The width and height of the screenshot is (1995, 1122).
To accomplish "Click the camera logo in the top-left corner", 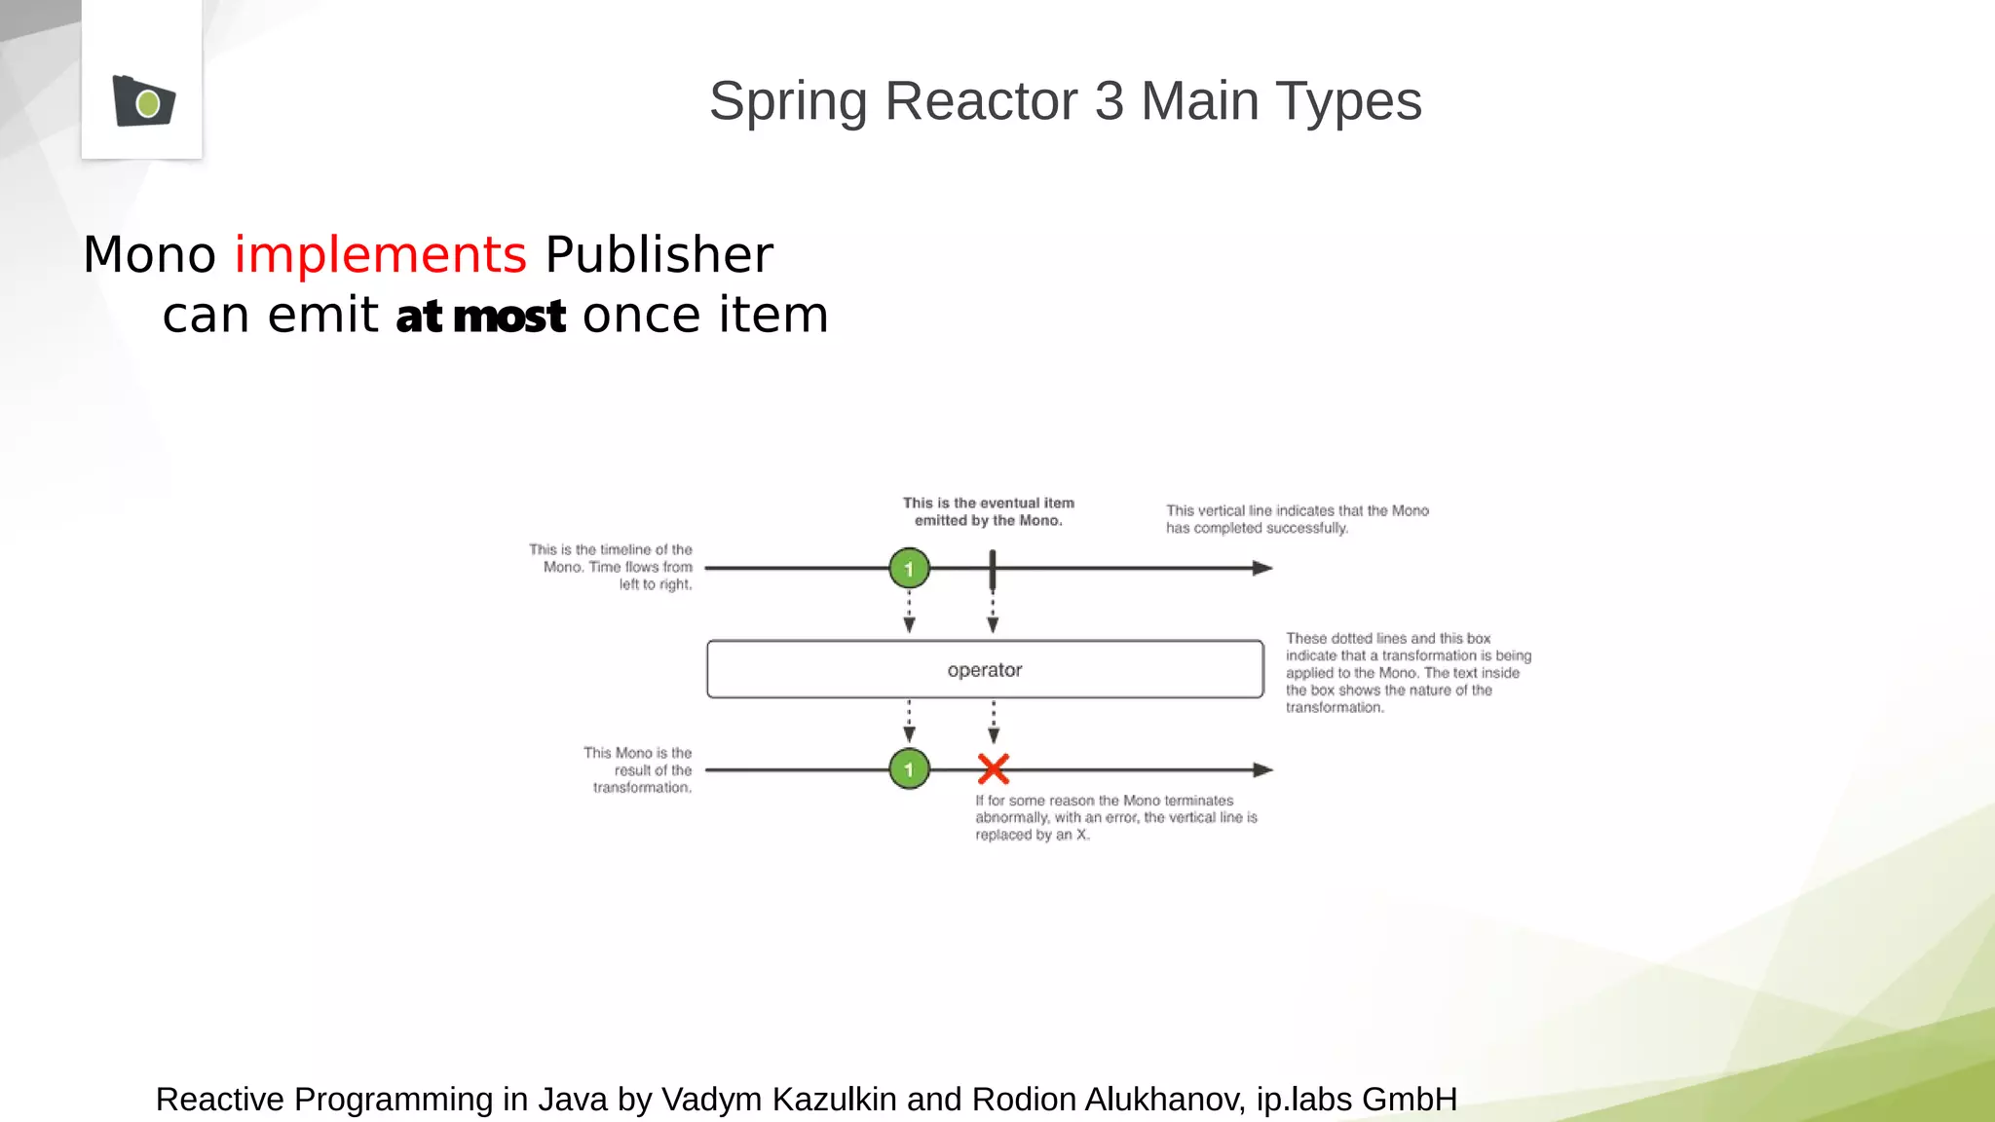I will click(143, 100).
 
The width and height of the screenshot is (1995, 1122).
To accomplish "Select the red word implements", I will click(380, 255).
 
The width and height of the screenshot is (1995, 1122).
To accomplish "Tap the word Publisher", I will click(659, 255).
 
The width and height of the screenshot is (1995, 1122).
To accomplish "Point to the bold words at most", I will click(480, 317).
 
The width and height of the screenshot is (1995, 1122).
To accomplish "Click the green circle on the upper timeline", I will click(909, 568).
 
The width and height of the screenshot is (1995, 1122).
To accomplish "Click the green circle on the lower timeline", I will click(909, 769).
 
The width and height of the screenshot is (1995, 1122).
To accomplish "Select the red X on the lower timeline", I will click(993, 769).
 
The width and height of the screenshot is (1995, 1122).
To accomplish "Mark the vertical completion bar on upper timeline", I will click(992, 570).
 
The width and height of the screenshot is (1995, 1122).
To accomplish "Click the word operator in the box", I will click(984, 670).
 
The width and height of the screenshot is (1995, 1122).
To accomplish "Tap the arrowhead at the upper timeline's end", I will click(1262, 568).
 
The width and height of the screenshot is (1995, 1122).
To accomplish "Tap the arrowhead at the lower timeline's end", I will click(1262, 769).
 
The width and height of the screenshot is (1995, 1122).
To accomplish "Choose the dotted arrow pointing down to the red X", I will click(993, 723).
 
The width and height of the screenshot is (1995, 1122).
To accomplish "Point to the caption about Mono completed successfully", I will click(1297, 519).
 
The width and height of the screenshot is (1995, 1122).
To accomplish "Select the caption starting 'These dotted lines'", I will click(1408, 672).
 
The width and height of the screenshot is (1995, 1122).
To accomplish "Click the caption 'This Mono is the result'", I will click(638, 769).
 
